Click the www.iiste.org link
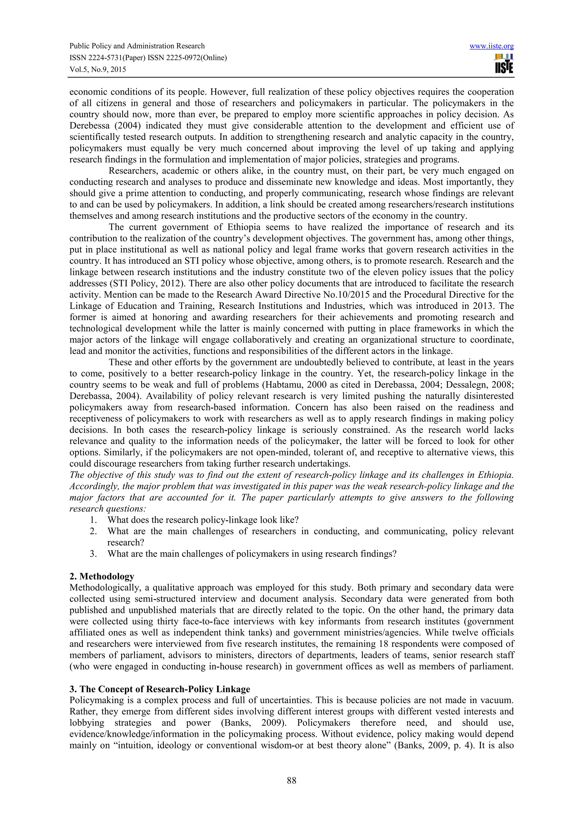[x=491, y=46]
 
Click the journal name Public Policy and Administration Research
[x=137, y=46]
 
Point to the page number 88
[x=291, y=780]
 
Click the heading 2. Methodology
[x=102, y=576]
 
